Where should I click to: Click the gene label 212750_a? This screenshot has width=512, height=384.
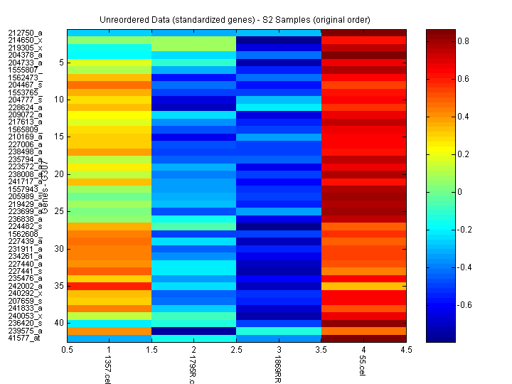point(25,33)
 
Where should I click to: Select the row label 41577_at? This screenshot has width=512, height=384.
point(25,338)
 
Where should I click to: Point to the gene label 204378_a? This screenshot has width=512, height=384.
point(25,55)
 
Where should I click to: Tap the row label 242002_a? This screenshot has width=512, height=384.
point(25,286)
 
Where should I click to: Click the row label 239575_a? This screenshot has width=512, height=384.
point(25,331)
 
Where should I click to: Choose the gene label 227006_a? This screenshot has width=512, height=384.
point(25,144)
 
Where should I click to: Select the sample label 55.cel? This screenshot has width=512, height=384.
point(363,367)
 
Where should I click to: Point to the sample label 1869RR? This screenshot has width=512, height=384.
point(278,370)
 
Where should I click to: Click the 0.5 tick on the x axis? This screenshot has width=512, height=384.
point(68,350)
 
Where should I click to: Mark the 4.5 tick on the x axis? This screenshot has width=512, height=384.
point(406,350)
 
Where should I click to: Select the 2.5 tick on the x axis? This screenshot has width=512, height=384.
point(237,350)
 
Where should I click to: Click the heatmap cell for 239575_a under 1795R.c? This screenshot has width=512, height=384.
point(194,331)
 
